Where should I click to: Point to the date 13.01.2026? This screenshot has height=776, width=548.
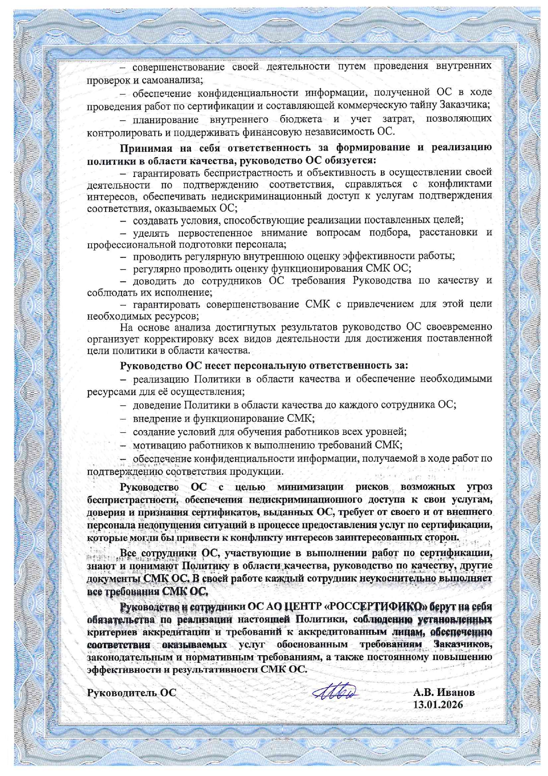(438, 705)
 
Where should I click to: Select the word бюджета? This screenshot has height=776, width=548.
(301, 119)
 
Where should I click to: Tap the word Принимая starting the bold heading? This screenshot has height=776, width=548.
(145, 147)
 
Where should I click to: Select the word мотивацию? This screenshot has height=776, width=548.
(157, 445)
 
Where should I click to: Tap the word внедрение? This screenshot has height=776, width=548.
(156, 419)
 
